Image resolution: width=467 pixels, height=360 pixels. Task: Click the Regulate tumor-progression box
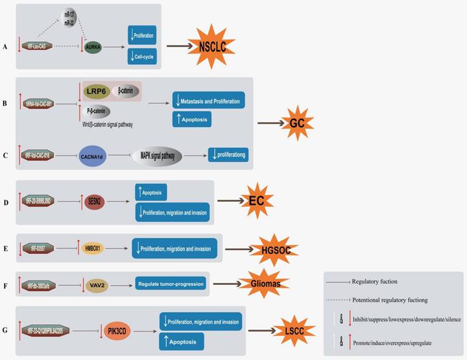(170, 283)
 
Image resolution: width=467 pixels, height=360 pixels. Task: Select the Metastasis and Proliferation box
(207, 100)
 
